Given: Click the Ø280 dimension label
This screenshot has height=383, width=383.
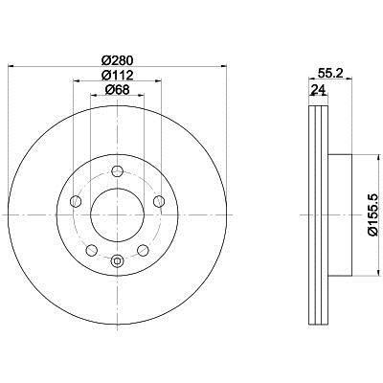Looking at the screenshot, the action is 117,59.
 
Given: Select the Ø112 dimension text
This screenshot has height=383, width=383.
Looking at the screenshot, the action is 117,76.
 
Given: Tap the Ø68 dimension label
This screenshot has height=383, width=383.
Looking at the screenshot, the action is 117,90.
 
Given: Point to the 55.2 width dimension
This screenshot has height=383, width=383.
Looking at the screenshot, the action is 330,73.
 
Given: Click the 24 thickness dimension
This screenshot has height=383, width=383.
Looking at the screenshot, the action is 319,90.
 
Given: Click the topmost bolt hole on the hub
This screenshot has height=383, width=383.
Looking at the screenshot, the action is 117,170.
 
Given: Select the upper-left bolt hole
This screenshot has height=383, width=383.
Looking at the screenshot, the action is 76,201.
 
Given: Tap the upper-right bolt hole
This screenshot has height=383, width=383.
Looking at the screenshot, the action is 159,201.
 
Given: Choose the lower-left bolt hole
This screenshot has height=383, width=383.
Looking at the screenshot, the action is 92,250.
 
